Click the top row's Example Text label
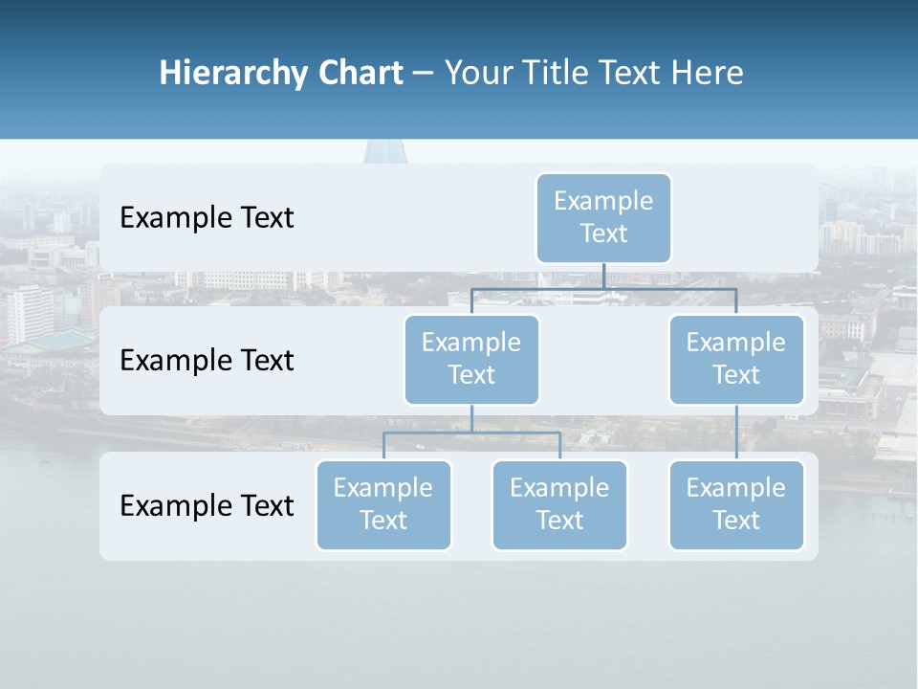point(207,218)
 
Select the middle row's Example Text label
point(207,361)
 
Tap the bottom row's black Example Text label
point(207,505)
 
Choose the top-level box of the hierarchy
point(603,217)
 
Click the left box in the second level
point(471,359)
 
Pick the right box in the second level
point(736,359)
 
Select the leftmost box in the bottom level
point(383,504)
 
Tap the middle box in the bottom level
point(559,504)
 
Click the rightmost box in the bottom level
point(736,504)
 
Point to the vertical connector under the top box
point(603,276)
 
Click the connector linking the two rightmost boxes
point(736,433)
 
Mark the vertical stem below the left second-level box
point(471,418)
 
